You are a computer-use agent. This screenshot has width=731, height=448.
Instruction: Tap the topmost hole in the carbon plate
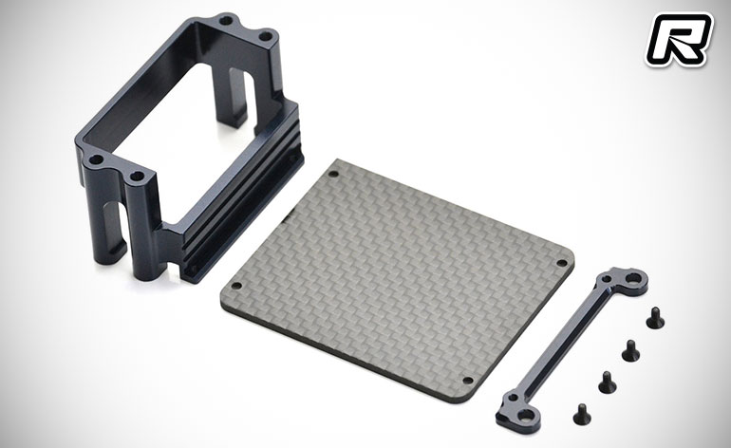[333, 175]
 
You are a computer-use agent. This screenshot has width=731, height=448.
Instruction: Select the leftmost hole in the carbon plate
[236, 286]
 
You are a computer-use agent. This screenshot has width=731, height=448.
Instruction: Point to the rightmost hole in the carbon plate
[561, 264]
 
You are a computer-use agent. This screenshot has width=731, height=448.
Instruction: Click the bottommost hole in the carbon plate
[467, 381]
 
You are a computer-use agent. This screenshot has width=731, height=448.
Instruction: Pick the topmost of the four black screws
[655, 317]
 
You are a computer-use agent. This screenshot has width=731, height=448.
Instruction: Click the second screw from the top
[630, 350]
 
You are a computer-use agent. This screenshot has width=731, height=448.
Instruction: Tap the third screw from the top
[607, 382]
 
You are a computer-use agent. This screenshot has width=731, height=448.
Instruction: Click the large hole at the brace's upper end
[632, 279]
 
